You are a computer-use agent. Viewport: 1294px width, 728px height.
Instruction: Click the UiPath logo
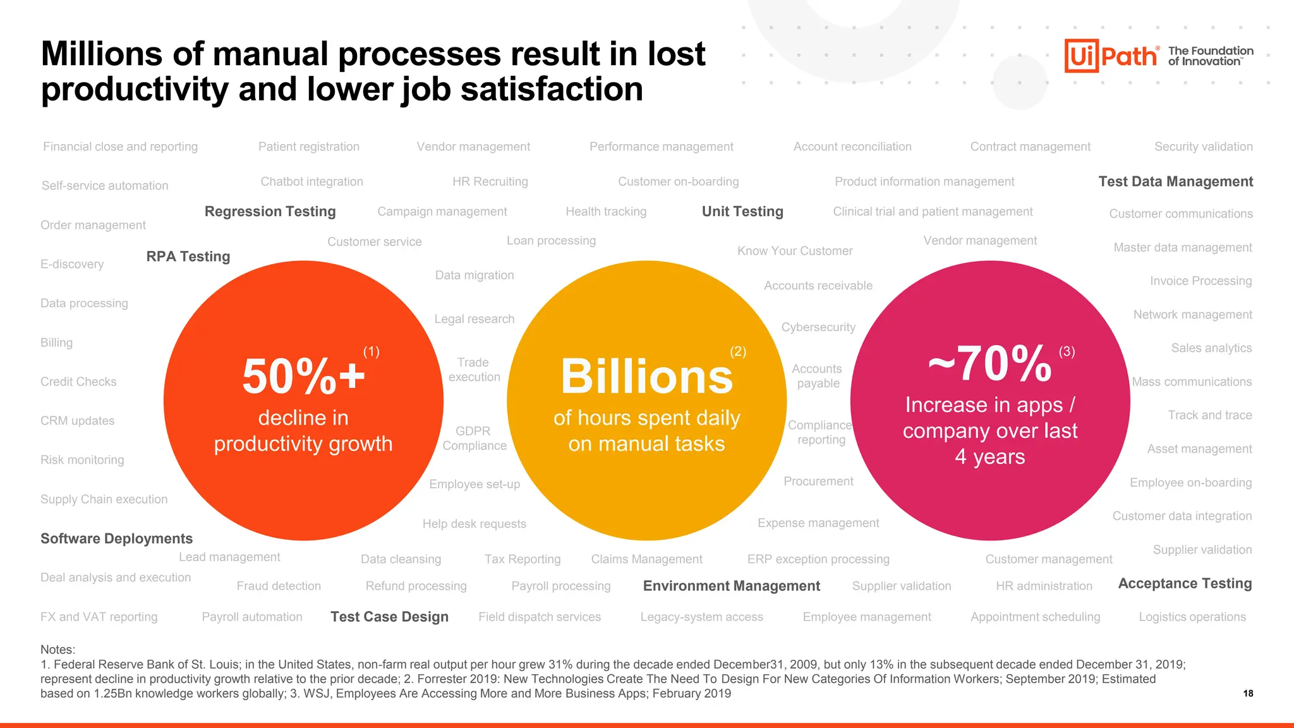(1111, 56)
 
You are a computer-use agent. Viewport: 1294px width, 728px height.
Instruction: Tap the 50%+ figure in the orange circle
(303, 377)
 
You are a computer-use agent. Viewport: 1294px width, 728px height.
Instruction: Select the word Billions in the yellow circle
(646, 377)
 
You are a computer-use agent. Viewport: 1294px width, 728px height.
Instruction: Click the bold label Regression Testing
(270, 212)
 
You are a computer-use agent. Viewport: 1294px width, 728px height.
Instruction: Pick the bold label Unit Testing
(742, 212)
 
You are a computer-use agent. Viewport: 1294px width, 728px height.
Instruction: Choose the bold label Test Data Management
(1175, 182)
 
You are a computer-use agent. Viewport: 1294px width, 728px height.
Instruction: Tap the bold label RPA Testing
(188, 257)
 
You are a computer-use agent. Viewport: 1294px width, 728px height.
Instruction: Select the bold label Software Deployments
(116, 538)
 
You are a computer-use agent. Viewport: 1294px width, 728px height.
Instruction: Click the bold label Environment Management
(731, 586)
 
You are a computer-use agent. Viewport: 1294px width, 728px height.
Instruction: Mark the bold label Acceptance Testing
(1185, 583)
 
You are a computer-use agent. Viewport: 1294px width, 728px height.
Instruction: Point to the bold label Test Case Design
(389, 617)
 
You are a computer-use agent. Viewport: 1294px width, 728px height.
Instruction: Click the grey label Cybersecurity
(818, 327)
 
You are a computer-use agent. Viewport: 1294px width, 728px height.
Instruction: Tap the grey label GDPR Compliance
(474, 439)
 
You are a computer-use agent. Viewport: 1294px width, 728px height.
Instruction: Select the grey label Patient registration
(308, 147)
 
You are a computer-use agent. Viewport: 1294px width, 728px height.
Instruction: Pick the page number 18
(1248, 693)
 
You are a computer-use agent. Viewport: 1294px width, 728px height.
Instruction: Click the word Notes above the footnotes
(57, 650)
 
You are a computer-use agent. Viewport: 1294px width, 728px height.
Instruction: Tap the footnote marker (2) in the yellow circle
(738, 352)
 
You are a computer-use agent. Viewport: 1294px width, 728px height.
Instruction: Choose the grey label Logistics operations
(1192, 617)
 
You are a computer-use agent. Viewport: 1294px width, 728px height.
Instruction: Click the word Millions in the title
(102, 54)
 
